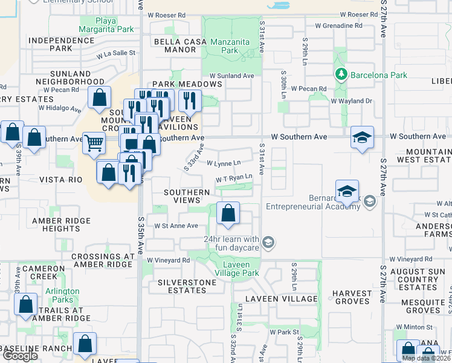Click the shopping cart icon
pos(94,144)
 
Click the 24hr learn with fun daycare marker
pos(269,243)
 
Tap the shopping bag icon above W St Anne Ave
pos(228,214)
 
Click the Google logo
pos(20,356)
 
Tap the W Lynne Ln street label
pos(224,163)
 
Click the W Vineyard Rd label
pos(169,260)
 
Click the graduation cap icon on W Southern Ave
pos(363,138)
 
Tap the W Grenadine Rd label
pos(329,26)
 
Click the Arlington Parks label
pos(62,295)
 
